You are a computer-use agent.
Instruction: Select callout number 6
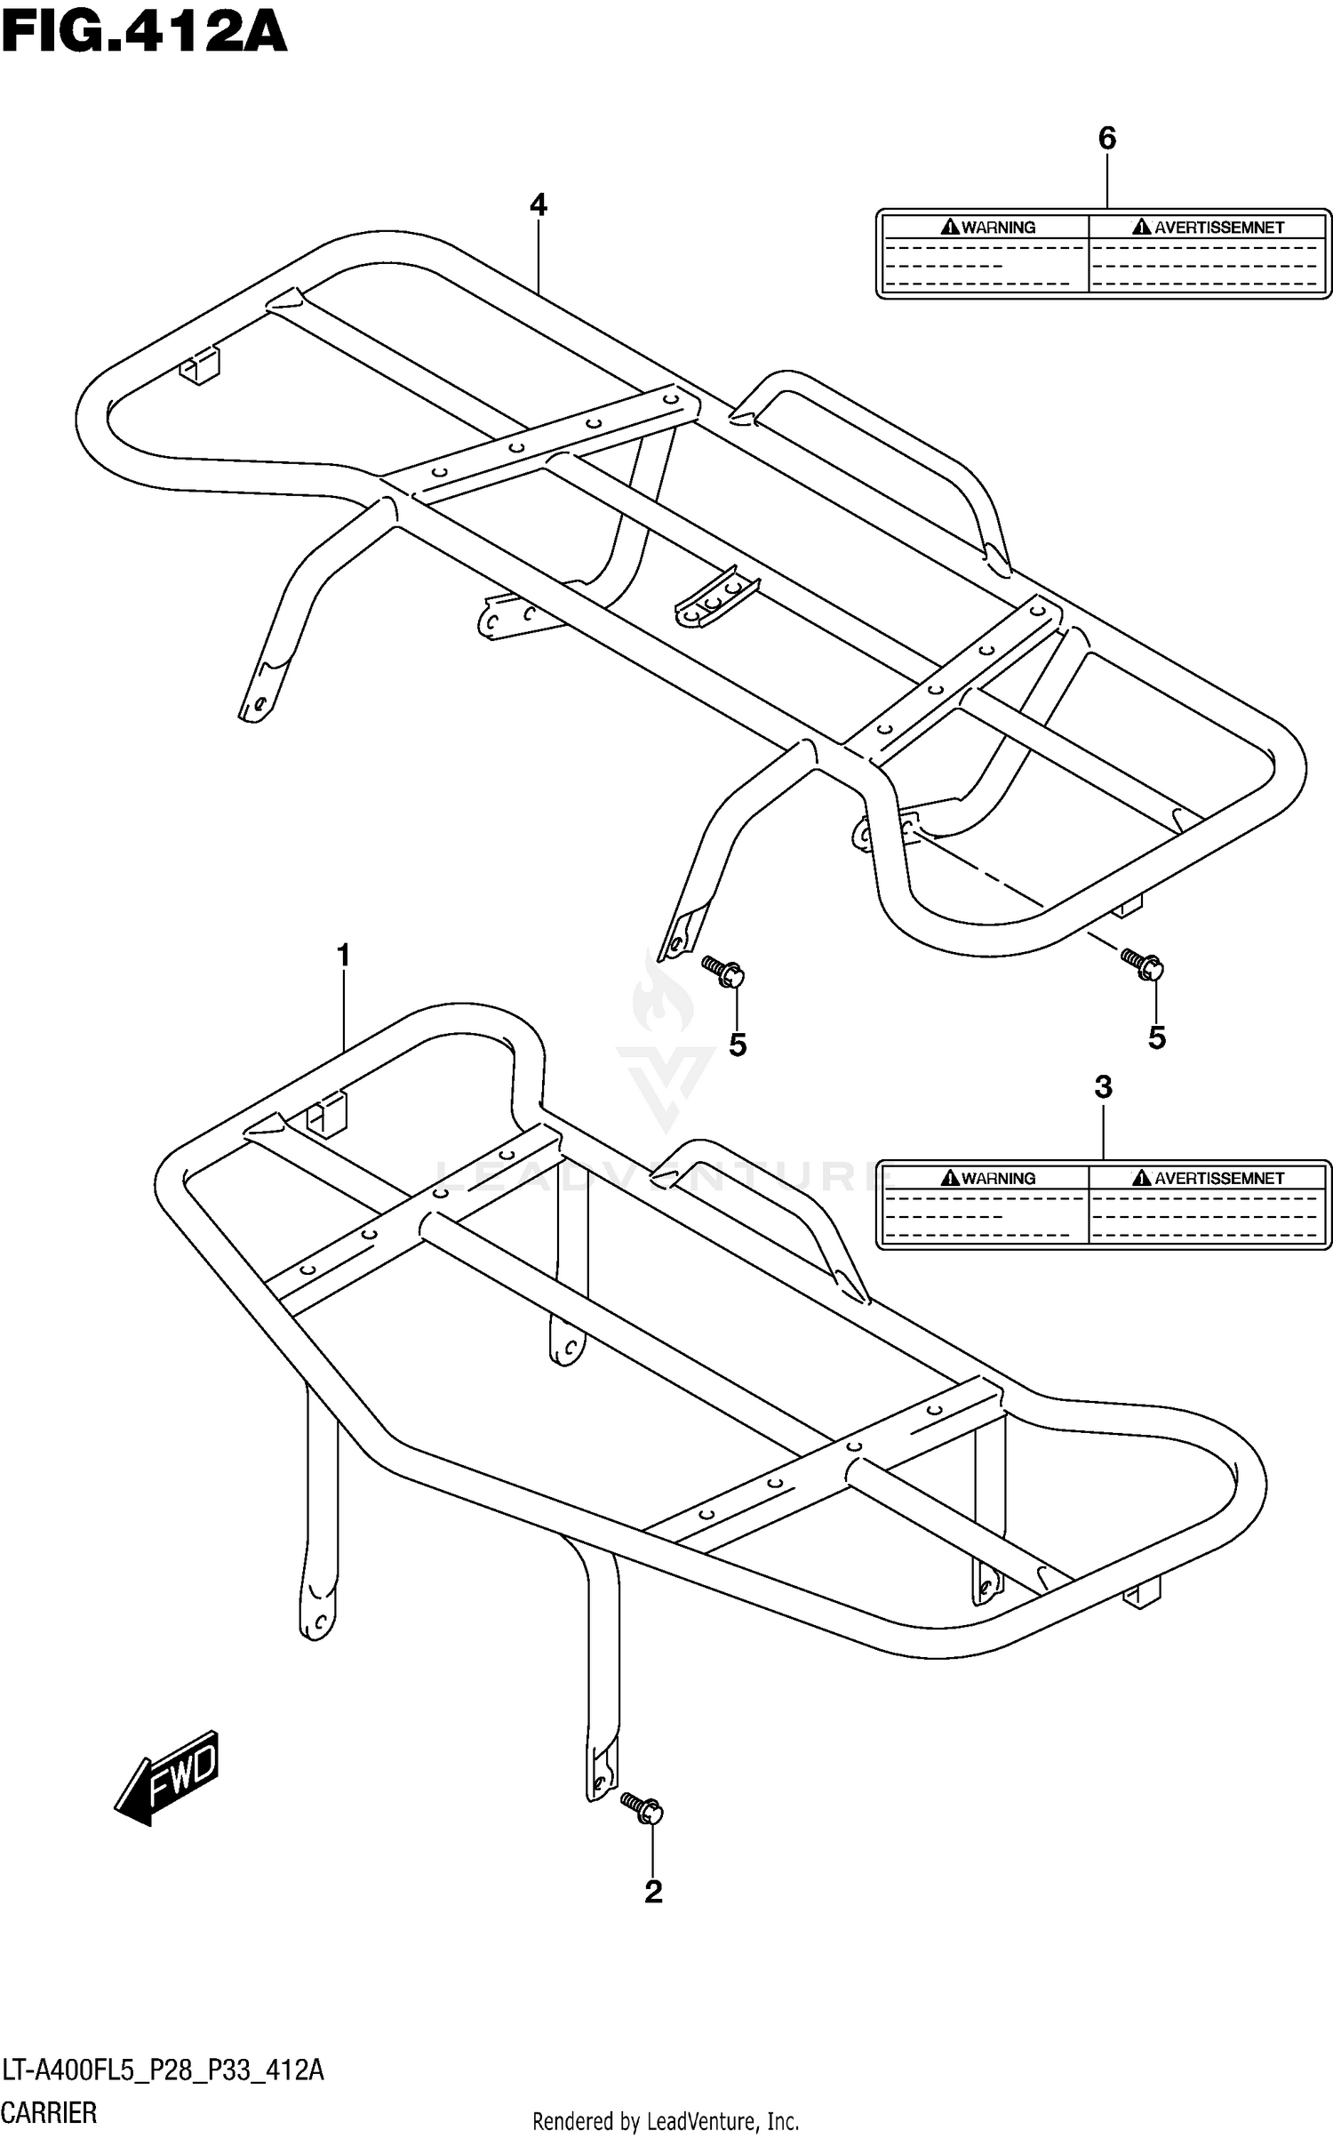[x=1106, y=138]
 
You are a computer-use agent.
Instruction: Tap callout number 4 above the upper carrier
[x=538, y=205]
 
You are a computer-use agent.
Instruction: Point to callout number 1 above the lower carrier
[x=343, y=957]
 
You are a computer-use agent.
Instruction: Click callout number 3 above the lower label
[x=1103, y=1086]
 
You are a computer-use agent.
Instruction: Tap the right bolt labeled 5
[x=1142, y=963]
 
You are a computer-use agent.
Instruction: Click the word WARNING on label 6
[x=988, y=228]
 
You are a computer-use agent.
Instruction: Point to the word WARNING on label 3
[x=988, y=1179]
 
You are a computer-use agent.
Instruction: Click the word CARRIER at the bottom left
[x=50, y=2112]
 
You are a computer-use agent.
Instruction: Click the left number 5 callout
[x=738, y=1045]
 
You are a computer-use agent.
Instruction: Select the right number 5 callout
[x=1156, y=1037]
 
